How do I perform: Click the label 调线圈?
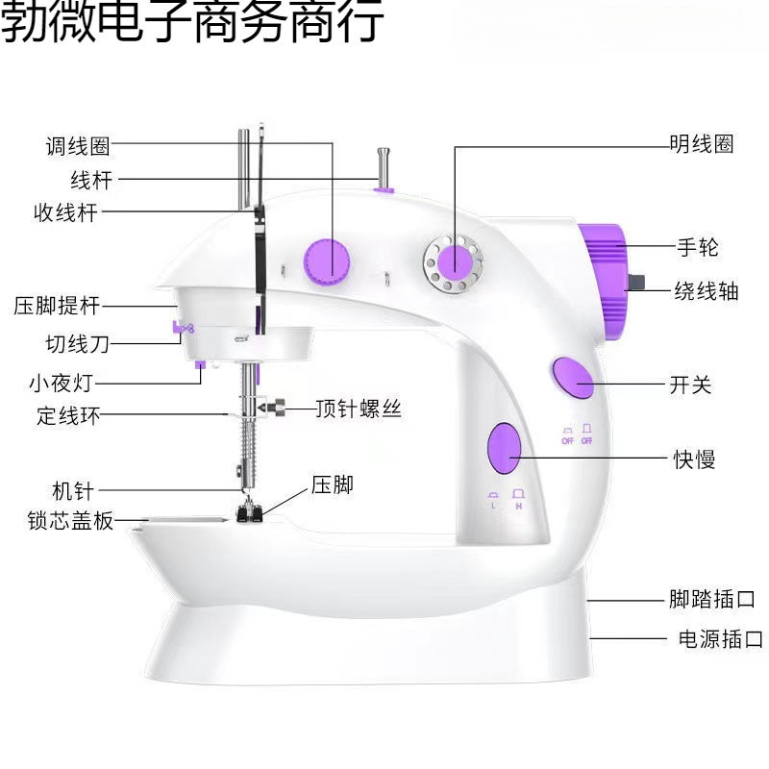(78, 146)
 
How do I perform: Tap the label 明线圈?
(702, 144)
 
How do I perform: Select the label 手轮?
(698, 247)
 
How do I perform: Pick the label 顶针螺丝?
(359, 409)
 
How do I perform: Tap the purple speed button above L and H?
(504, 448)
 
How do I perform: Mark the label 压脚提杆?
(57, 307)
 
